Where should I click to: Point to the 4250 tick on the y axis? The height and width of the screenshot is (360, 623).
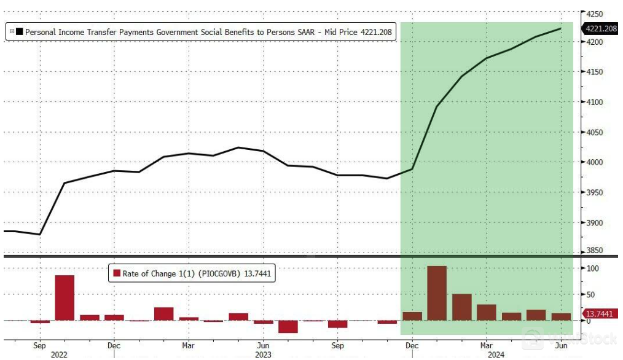[594, 14]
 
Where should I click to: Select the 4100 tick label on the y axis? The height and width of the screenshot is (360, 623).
[594, 102]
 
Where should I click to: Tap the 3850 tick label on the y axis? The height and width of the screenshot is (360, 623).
[594, 251]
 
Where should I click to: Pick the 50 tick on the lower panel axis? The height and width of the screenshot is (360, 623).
[590, 295]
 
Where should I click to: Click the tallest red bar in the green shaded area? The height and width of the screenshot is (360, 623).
[437, 293]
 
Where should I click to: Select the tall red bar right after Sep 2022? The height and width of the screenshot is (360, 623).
[65, 297]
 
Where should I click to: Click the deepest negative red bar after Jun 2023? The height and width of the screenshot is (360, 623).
[288, 326]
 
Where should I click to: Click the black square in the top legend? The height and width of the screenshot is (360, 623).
[20, 31]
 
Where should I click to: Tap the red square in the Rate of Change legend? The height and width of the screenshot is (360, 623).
[116, 273]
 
